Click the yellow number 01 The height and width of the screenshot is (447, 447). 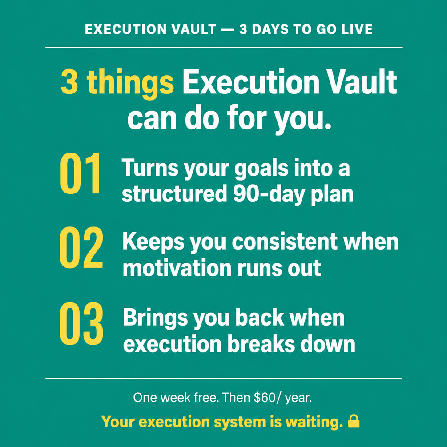(80, 173)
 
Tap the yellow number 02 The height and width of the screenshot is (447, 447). (81, 247)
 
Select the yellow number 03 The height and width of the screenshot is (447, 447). (81, 323)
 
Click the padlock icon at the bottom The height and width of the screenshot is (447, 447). (354, 421)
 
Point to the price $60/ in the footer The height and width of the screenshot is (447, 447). (265, 398)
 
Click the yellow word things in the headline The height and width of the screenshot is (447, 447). (130, 83)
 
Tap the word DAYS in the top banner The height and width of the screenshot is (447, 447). (270, 29)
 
